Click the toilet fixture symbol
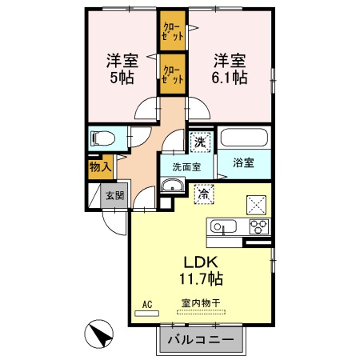pos(102,138)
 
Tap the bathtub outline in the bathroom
pos(244,138)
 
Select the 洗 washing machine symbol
pos(201,142)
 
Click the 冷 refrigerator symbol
pos(204,194)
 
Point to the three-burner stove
pos(259,226)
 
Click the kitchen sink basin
pos(223,227)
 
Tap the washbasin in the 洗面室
pos(173,185)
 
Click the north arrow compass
pos(98,334)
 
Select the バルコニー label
pos(201,339)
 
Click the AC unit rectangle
pos(146,314)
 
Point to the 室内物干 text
pos(201,303)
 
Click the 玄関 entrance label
pos(115,196)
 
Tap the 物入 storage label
pos(100,167)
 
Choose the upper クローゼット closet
pos(173,31)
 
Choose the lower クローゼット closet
pos(173,74)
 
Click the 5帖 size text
pos(122,78)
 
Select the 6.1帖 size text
pos(230,78)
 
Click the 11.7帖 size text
pos(201,279)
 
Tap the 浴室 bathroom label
pos(243,162)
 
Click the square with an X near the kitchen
pos(256,205)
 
